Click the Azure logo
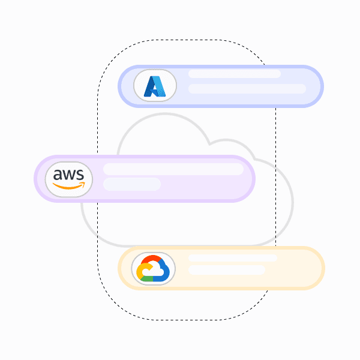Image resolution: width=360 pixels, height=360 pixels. [x=155, y=86]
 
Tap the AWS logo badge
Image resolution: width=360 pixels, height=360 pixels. [x=69, y=179]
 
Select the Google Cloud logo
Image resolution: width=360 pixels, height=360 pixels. [x=154, y=268]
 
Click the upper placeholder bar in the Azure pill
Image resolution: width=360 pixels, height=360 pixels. [x=235, y=74]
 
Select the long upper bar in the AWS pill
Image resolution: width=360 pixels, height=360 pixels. [x=173, y=169]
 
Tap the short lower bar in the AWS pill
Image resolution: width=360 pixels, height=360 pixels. [x=132, y=184]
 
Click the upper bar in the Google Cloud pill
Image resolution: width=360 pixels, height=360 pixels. [x=233, y=258]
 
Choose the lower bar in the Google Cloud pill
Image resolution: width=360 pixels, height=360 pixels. [x=227, y=270]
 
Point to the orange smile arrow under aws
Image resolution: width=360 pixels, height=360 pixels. [x=69, y=186]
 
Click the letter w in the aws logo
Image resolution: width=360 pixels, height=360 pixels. [x=69, y=175]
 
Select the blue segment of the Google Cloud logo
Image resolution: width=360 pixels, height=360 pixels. [x=164, y=271]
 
